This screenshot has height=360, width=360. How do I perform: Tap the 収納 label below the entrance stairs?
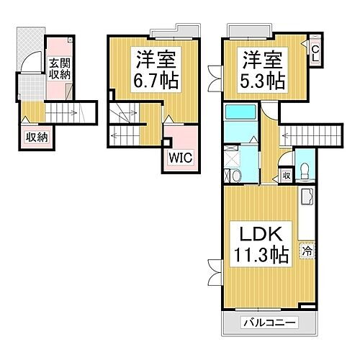(34, 137)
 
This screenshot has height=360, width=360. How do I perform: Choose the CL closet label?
(315, 53)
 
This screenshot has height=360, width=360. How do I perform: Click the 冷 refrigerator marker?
(307, 251)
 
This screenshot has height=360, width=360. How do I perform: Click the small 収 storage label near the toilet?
(286, 174)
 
